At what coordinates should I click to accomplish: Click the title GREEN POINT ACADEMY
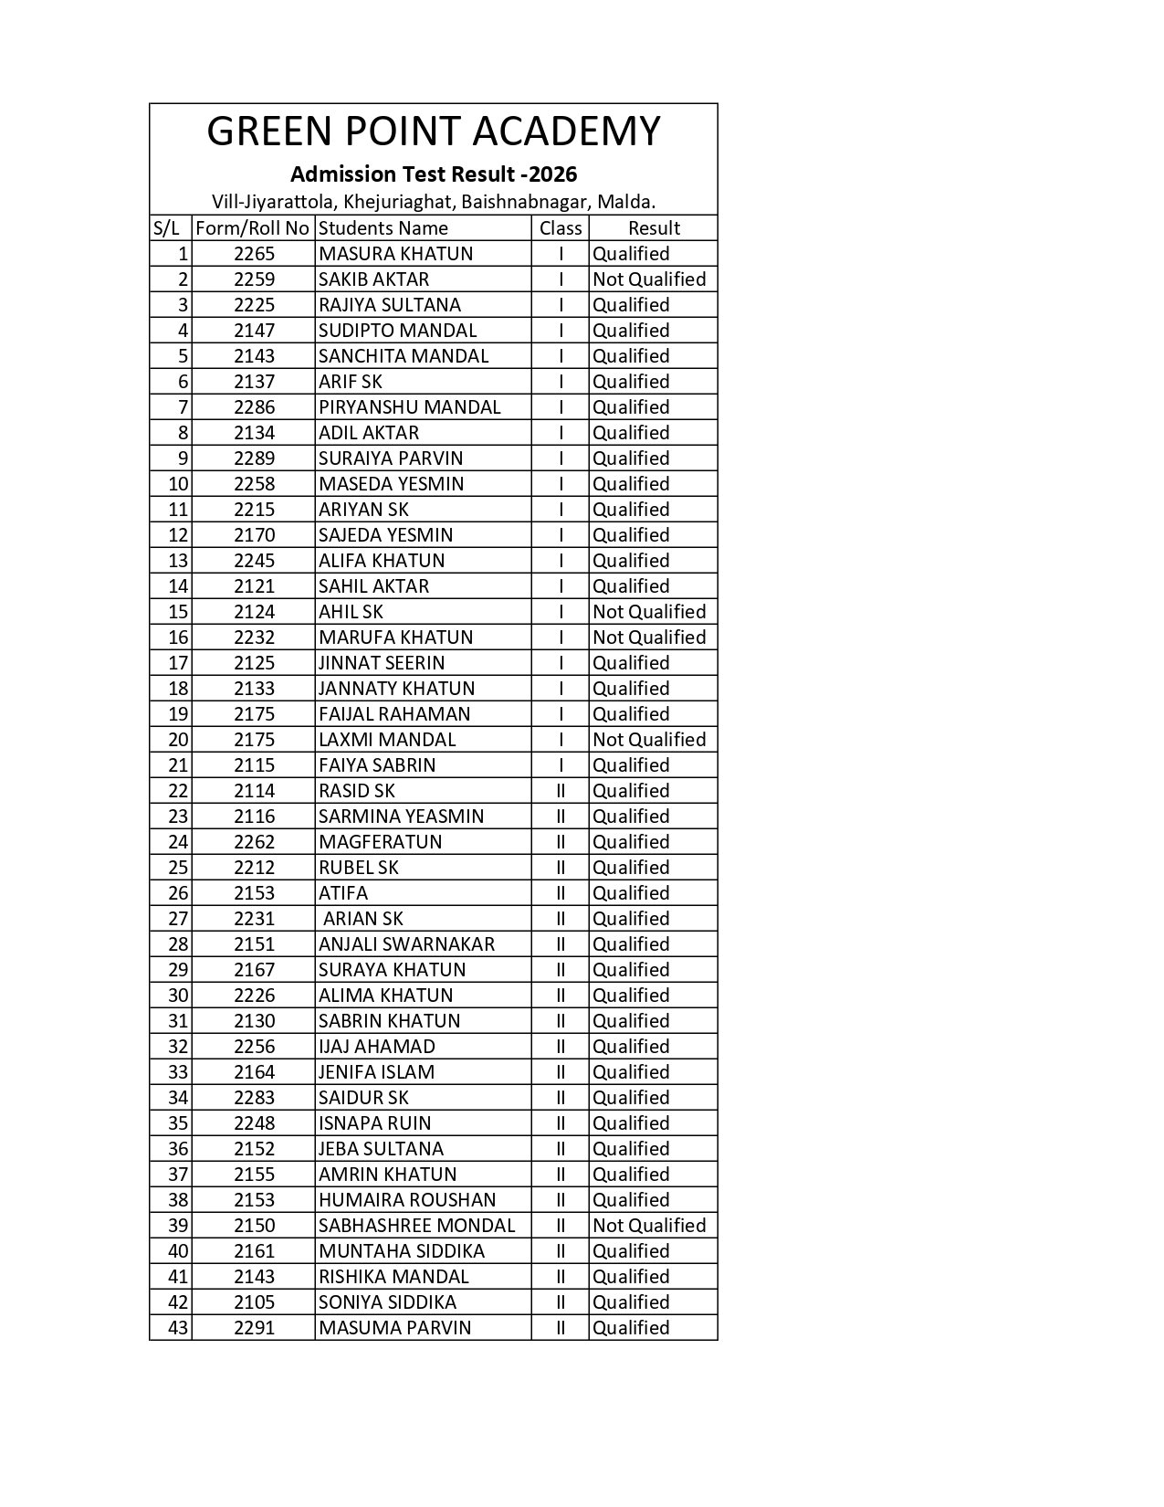433,132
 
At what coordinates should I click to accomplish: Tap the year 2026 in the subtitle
554,174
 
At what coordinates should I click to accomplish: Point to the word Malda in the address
624,201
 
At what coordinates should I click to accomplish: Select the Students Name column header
383,228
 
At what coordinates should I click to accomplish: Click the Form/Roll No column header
253,228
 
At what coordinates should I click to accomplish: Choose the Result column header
654,228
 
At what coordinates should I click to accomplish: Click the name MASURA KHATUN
395,254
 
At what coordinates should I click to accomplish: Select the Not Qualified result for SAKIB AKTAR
649,279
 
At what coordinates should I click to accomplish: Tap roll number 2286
254,407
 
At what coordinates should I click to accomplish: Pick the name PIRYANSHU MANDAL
409,407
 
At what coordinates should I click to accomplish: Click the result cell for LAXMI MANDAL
649,740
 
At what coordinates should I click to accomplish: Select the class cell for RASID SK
561,791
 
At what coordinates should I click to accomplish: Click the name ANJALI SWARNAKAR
406,944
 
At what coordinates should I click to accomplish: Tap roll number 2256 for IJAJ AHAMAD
254,1047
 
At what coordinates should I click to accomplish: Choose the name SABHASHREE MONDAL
416,1226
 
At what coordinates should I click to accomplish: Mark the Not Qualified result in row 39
649,1226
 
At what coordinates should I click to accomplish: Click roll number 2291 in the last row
254,1328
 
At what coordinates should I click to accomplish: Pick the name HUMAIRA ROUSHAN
407,1200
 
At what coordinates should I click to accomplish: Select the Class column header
561,228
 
